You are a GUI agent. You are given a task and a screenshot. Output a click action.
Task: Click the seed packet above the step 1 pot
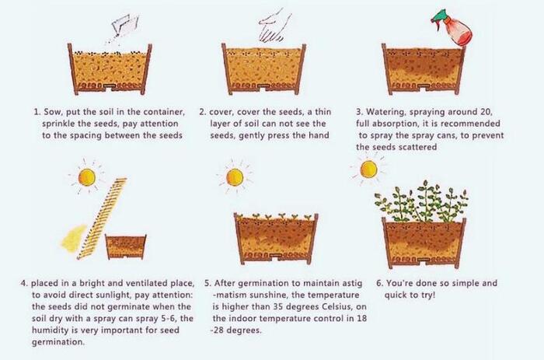point(124,24)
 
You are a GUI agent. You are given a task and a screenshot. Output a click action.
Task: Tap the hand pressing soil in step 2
point(275,26)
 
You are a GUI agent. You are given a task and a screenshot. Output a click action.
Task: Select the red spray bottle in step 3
point(454,29)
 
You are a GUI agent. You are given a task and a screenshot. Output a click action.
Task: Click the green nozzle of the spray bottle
point(438,16)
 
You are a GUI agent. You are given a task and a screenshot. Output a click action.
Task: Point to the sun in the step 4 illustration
point(87,177)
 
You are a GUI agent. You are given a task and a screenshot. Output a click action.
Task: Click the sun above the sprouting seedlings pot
point(235,177)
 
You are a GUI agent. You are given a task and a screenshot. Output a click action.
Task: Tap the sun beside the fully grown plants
point(368,170)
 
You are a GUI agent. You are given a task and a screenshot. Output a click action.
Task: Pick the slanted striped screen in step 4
point(103,218)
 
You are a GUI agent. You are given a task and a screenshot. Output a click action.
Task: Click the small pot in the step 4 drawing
point(125,246)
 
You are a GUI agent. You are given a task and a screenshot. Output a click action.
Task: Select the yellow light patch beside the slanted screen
point(74,238)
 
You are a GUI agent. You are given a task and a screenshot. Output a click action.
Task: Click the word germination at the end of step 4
point(58,342)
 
